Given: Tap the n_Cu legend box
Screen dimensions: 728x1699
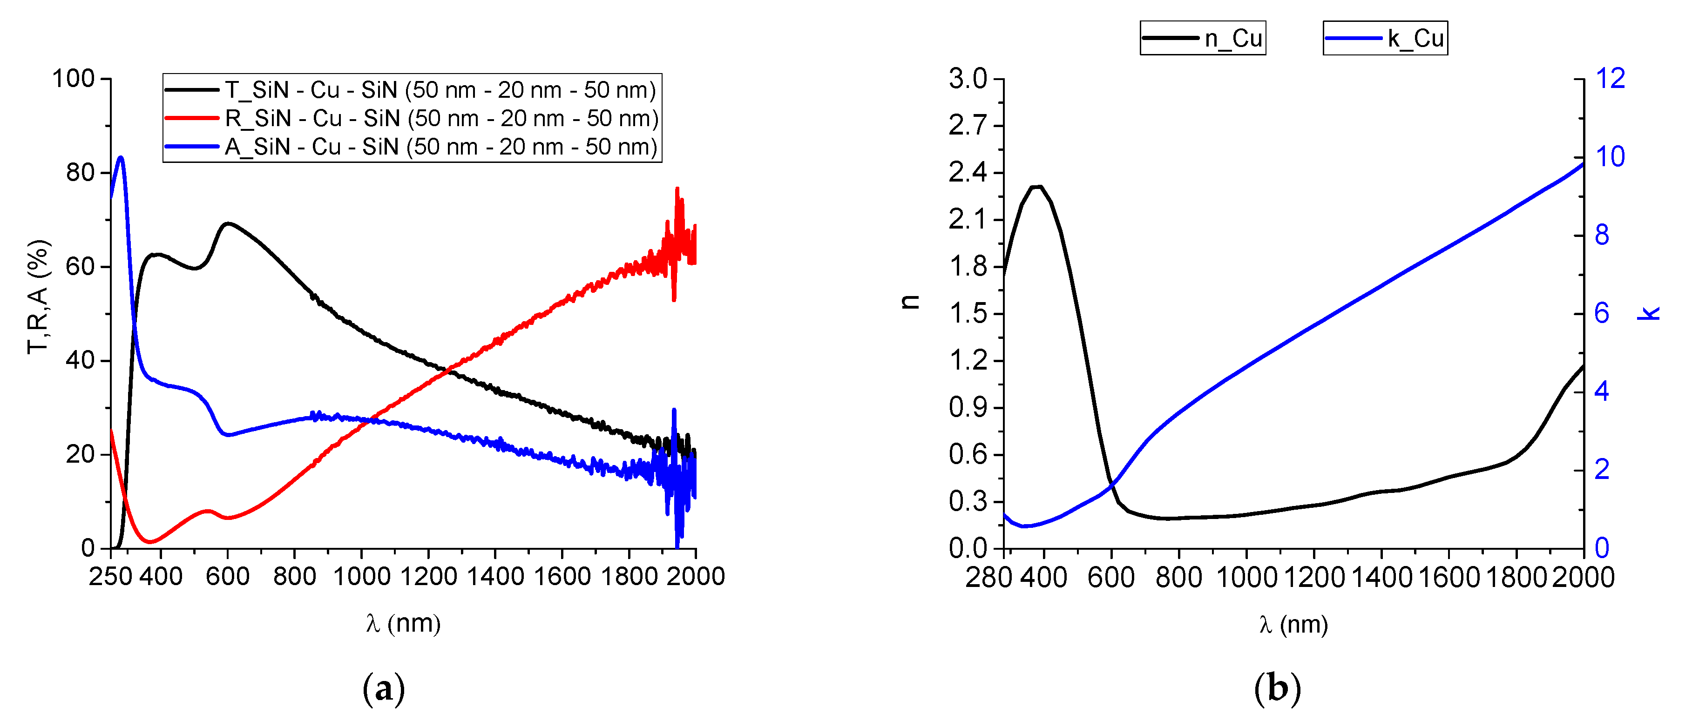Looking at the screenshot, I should click(x=1202, y=38).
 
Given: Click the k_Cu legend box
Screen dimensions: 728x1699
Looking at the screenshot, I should click(x=1385, y=38).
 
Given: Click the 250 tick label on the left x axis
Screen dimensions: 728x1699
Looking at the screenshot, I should click(x=110, y=576).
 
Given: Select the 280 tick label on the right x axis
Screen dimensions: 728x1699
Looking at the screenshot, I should click(x=988, y=578).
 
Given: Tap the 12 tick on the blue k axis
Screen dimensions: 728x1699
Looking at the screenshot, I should click(x=1610, y=79).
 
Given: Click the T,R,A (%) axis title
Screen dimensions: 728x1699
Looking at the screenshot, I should click(x=38, y=297).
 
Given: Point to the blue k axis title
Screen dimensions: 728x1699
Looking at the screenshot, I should click(x=1648, y=313).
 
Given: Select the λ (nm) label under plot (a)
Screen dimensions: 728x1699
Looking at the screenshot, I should click(x=403, y=623).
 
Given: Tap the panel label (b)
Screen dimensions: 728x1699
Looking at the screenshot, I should click(x=1277, y=688).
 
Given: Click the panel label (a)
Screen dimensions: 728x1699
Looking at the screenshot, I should click(x=383, y=688).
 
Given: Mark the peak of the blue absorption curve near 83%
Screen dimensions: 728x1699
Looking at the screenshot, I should click(x=121, y=158).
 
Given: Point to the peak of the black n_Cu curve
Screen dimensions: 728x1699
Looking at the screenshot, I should click(x=1037, y=187).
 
